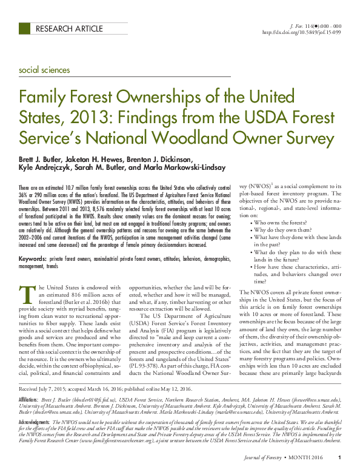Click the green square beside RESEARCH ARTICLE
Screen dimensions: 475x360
(25, 29)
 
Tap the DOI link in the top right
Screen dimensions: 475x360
(301, 32)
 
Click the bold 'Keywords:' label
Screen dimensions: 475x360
(33, 258)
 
